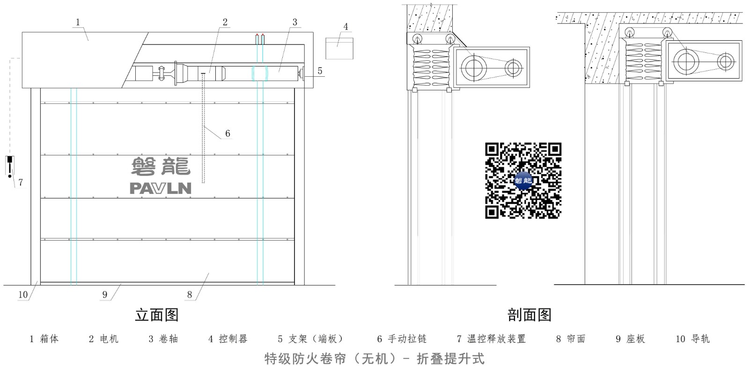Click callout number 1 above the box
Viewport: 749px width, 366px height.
tap(78, 22)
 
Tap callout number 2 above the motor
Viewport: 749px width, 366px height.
tap(225, 22)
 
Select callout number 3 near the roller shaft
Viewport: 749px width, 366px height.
tap(294, 22)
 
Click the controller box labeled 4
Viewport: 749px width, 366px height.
tap(339, 49)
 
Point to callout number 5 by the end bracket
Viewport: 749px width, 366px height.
tap(320, 71)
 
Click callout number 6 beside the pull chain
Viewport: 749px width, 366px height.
tap(228, 133)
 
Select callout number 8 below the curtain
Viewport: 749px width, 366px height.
tap(190, 294)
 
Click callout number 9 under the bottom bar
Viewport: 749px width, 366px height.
tap(105, 294)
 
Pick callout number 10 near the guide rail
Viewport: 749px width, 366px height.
tap(23, 294)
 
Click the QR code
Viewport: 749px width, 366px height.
tap(523, 181)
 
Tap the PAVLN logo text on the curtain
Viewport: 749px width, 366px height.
tap(161, 188)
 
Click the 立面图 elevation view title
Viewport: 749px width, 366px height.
tap(156, 315)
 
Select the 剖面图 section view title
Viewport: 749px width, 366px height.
tap(529, 315)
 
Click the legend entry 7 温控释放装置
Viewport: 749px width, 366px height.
tap(491, 339)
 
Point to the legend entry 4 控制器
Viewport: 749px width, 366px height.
tap(228, 339)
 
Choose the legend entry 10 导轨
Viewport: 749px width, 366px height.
tap(692, 339)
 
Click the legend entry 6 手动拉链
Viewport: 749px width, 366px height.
tap(402, 339)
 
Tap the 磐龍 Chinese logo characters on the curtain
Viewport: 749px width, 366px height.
tap(161, 166)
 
